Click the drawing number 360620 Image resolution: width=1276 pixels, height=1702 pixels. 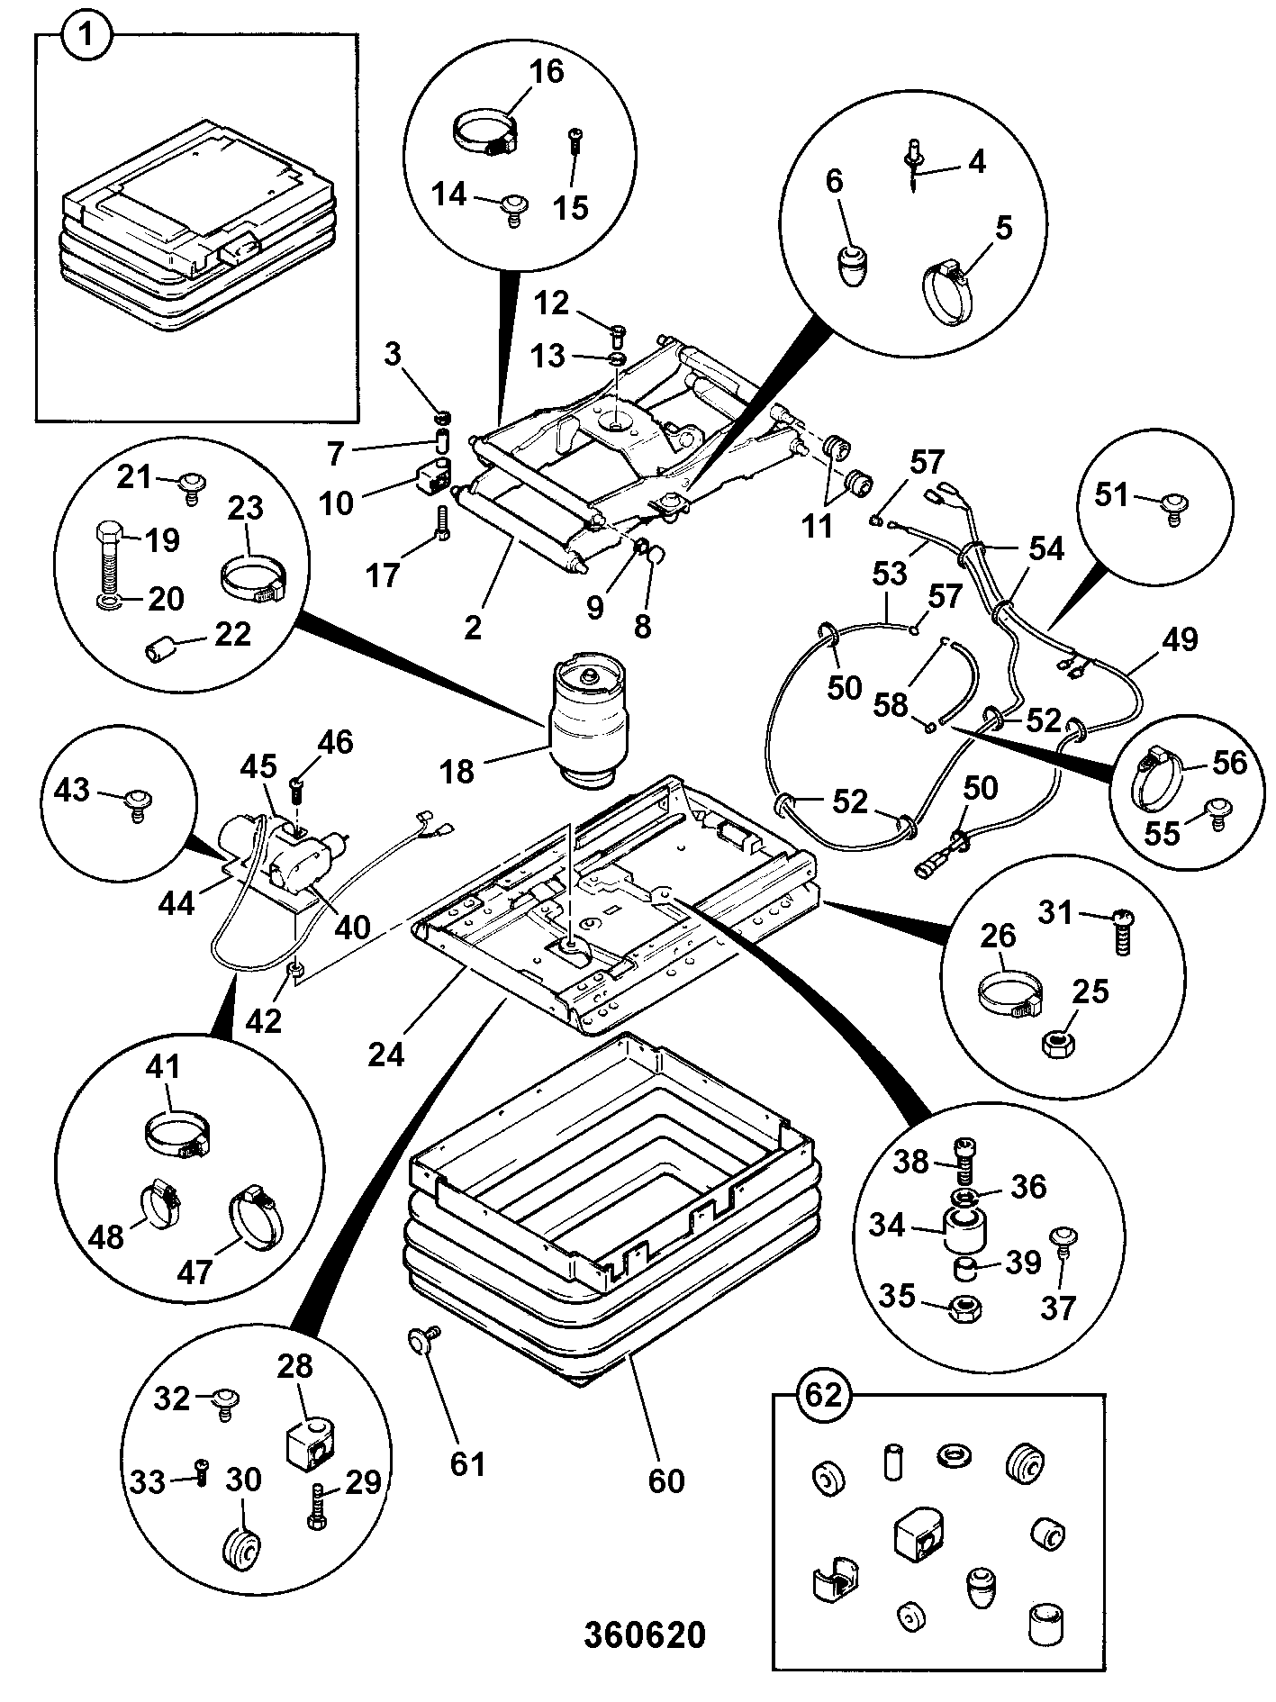click(644, 1634)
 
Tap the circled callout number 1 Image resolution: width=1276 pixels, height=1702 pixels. click(87, 41)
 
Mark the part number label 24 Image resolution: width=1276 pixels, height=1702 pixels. click(386, 1053)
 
